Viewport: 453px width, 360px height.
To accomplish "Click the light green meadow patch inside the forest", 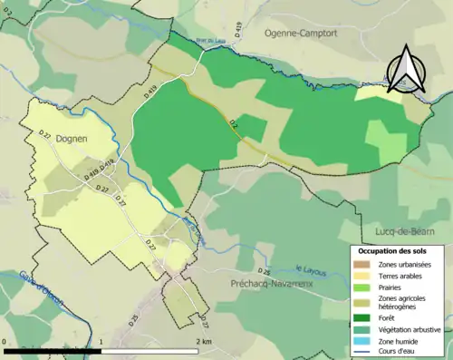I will pyautogui.click(x=385, y=141).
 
